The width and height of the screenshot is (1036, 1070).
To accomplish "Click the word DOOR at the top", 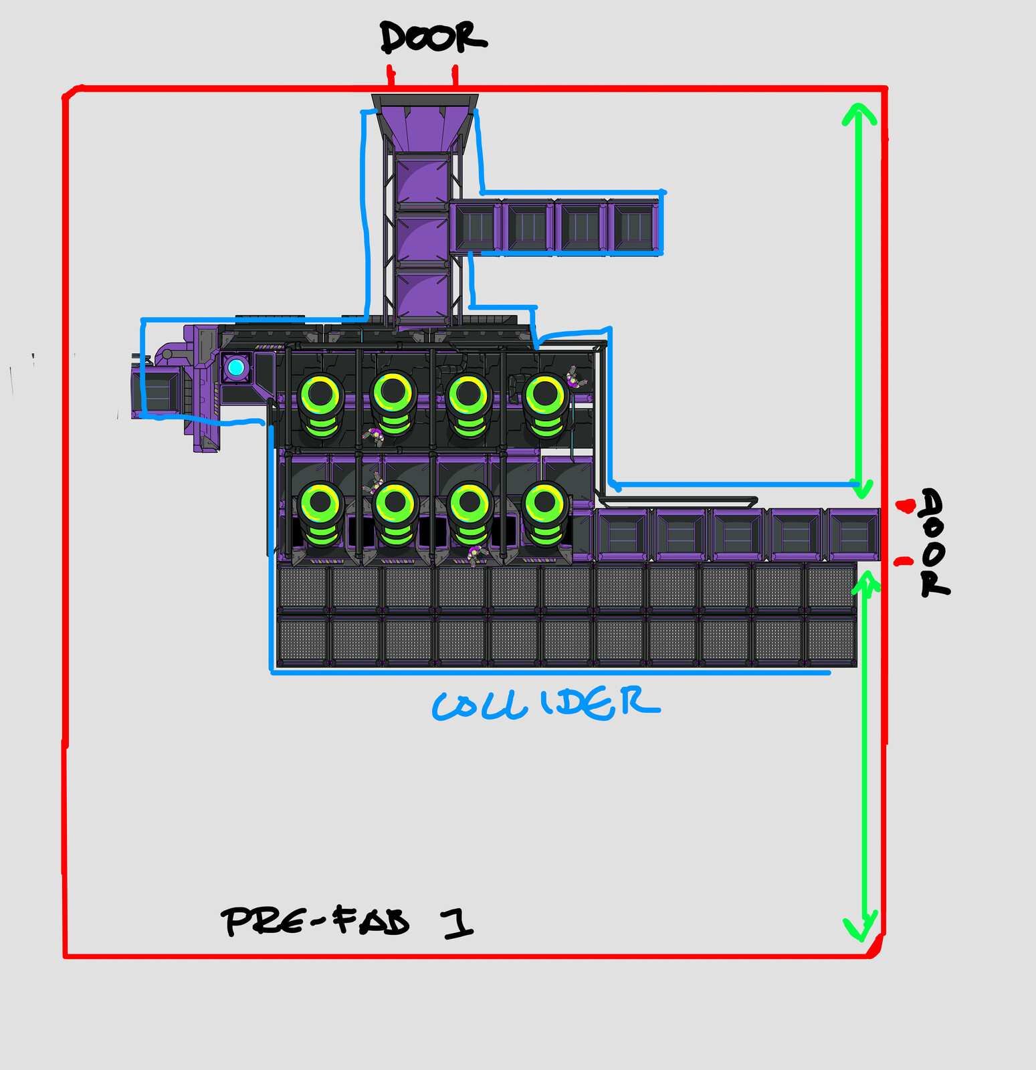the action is coord(433,37).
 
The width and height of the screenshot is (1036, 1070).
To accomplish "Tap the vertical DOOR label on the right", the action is coord(934,542).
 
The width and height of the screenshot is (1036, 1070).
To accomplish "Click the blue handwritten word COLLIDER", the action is coord(546,704).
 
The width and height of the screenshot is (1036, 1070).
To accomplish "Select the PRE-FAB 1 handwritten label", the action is coord(347,922).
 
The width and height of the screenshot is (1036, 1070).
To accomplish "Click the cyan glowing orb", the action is coord(235,367).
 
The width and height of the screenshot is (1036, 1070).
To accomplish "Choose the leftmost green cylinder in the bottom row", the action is coord(322,514).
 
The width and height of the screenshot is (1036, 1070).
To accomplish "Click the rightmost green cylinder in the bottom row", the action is coord(546,514).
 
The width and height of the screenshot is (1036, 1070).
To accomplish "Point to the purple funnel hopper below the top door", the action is coord(425,124).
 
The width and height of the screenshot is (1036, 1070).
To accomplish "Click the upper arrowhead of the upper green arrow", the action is coord(859,115).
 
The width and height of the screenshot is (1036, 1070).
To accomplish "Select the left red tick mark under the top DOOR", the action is coord(391,76).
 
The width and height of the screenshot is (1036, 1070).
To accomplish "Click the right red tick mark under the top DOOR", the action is coord(455,76).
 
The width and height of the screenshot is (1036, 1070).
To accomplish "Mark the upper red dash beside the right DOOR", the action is coord(906,506).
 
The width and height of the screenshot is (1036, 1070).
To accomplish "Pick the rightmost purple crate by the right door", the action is coord(853,534).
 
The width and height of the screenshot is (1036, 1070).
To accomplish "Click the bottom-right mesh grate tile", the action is coord(831,641).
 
